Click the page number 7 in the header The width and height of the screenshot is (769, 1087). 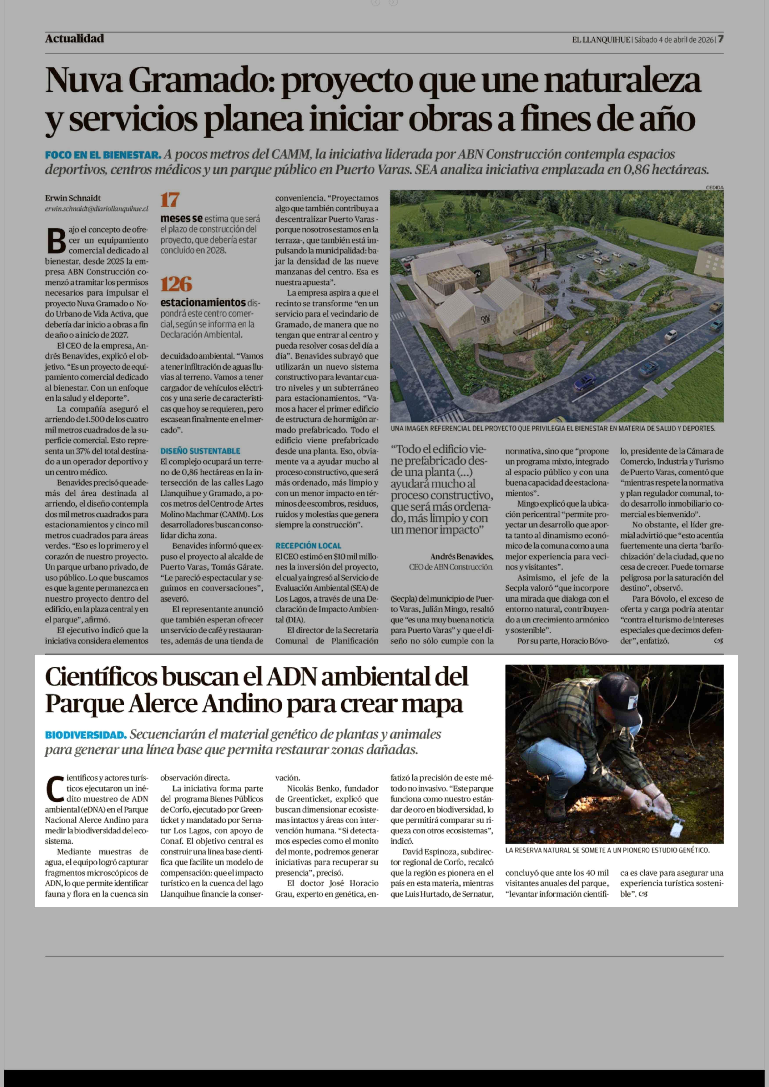[x=720, y=39]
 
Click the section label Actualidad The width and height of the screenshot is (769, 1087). [x=74, y=39]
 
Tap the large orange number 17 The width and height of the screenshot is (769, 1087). [x=169, y=200]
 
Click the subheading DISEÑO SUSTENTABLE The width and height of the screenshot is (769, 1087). [x=200, y=451]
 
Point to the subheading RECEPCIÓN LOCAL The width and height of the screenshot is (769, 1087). [x=308, y=546]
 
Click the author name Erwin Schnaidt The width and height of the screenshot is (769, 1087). [x=73, y=198]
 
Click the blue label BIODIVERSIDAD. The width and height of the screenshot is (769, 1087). [x=86, y=735]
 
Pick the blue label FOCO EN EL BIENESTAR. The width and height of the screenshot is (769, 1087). [x=103, y=155]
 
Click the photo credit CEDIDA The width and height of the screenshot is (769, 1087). [x=715, y=187]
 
